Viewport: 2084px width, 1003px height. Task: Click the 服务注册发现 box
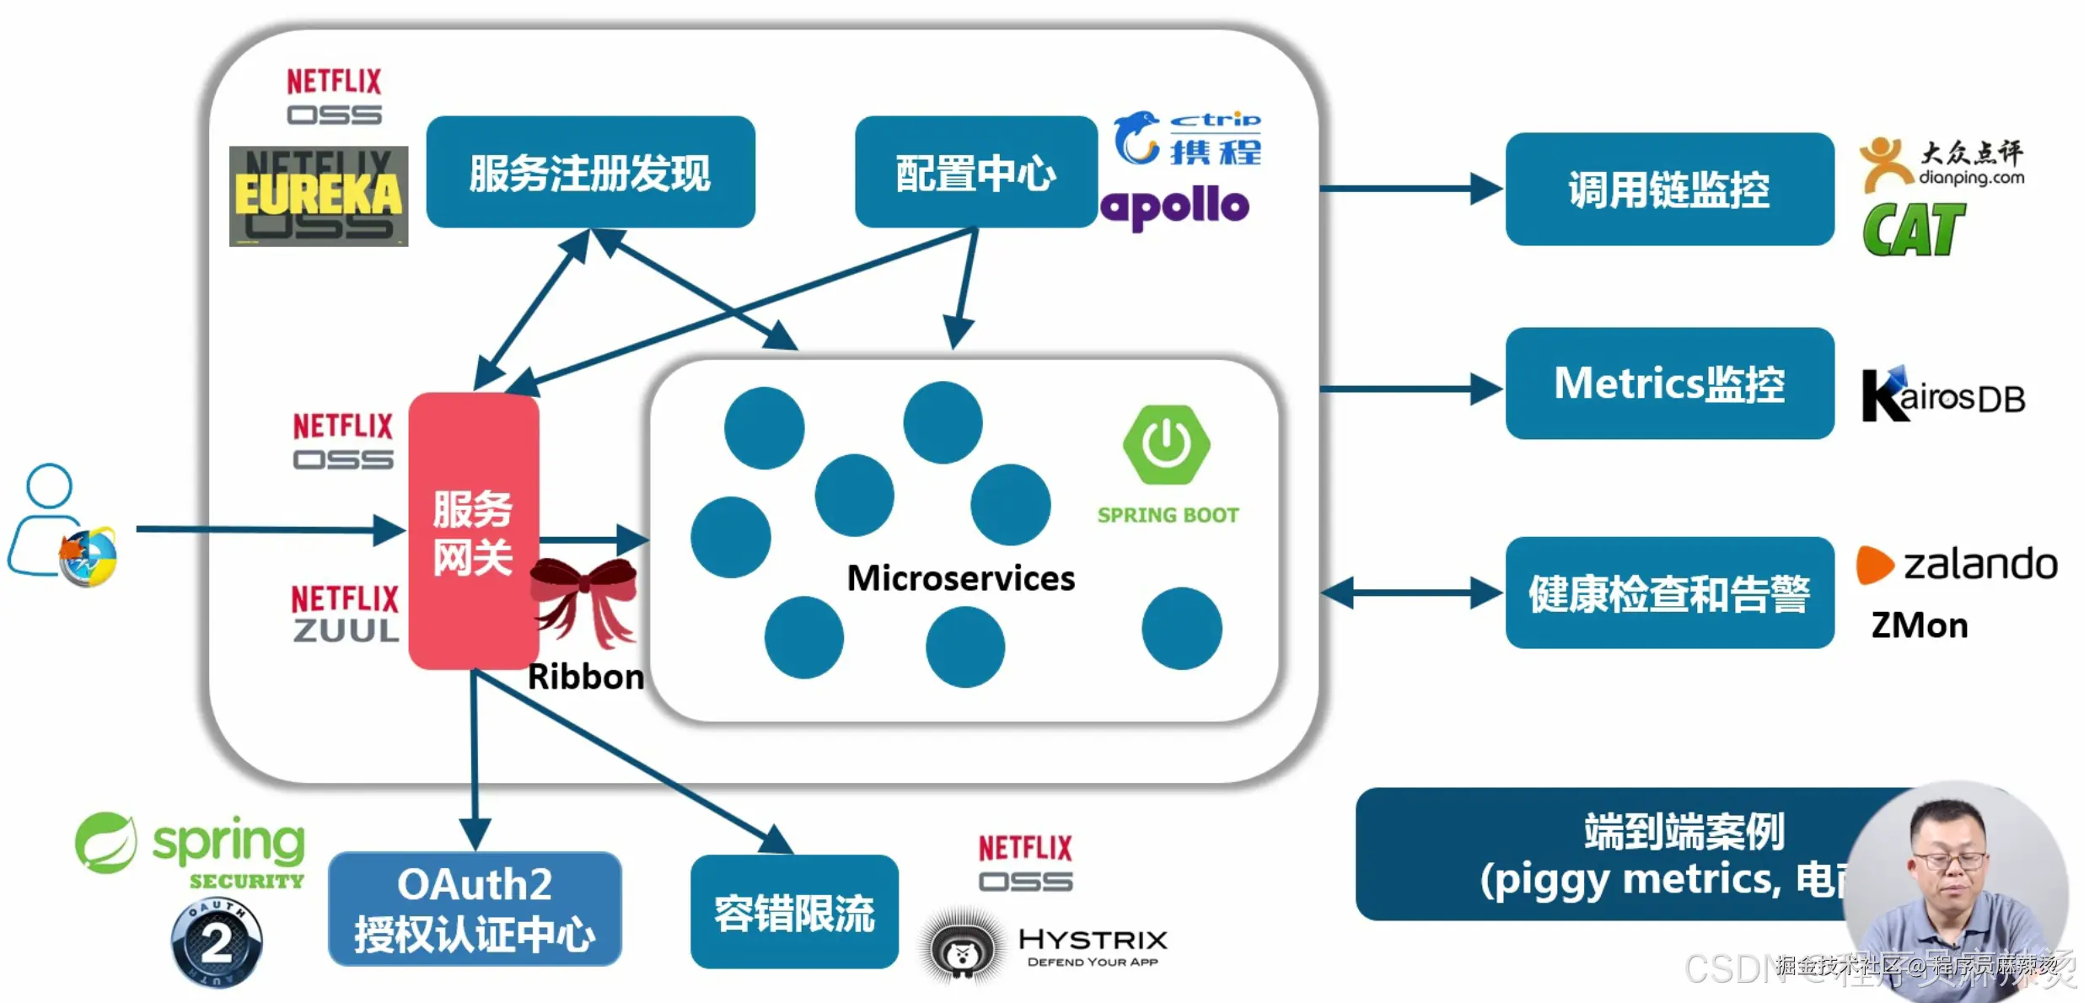click(590, 172)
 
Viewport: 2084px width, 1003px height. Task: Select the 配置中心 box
click(975, 172)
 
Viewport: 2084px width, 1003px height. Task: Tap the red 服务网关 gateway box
click(473, 531)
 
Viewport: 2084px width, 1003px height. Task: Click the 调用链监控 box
click(1668, 189)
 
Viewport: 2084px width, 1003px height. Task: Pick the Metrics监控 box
click(1668, 383)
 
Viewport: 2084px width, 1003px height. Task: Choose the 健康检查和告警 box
click(1668, 593)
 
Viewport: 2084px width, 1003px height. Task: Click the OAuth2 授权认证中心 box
click(475, 909)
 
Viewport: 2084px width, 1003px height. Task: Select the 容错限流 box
click(794, 912)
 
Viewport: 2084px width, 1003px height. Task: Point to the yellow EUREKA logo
click(319, 196)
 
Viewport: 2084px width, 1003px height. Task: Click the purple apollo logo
click(1174, 206)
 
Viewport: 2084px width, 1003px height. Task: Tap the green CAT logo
click(1913, 229)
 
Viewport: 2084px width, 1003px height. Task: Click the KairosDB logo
click(1943, 395)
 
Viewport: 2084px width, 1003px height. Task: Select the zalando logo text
click(1979, 564)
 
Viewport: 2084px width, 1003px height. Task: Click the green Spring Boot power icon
click(1167, 444)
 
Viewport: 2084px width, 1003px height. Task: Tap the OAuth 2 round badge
click(217, 942)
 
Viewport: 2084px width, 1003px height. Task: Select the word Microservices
click(960, 578)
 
